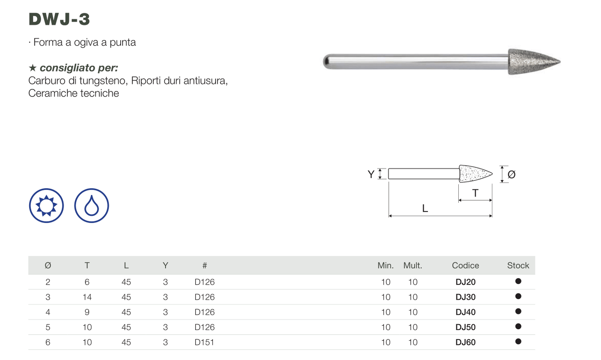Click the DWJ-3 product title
[59, 19]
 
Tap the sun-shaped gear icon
[47, 205]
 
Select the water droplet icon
[92, 205]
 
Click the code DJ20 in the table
[465, 282]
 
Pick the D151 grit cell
[205, 342]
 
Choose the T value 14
[87, 297]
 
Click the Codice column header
[465, 265]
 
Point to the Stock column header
[518, 265]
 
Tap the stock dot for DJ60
[518, 341]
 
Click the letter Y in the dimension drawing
[371, 174]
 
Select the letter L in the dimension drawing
[425, 208]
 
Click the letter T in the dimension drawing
[475, 193]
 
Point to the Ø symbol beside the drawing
[512, 175]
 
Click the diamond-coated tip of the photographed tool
[534, 62]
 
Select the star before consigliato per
[32, 68]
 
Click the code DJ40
[465, 312]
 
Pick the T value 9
[87, 312]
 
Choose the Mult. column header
[413, 265]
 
